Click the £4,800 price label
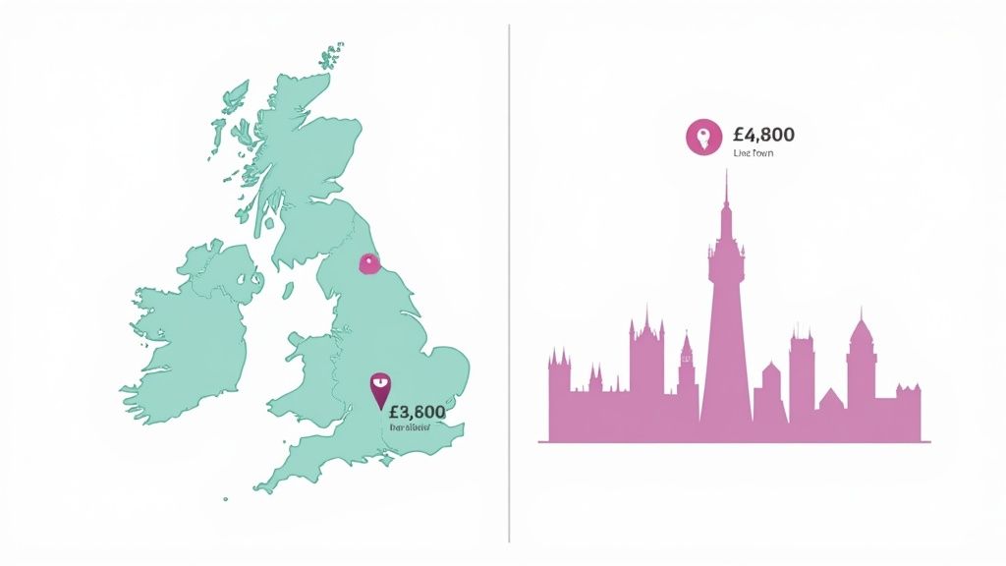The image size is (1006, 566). click(763, 135)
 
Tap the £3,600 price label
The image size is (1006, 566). click(417, 412)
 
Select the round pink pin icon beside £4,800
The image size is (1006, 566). click(703, 137)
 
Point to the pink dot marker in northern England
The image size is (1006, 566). click(369, 262)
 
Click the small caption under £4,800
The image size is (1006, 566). click(753, 154)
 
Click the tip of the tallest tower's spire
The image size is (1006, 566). click(726, 171)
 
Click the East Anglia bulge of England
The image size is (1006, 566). click(447, 368)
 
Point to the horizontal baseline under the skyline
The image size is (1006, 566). click(734, 442)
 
